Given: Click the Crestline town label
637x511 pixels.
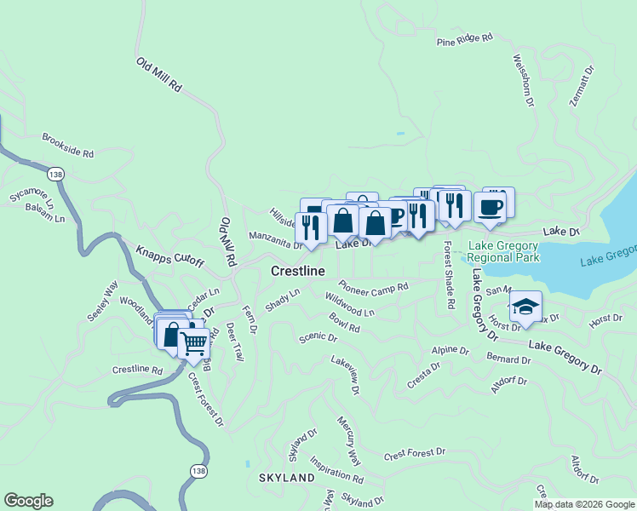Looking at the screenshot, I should [298, 271].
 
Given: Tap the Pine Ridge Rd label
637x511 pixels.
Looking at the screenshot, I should [464, 39].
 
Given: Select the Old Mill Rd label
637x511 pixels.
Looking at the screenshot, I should [159, 75].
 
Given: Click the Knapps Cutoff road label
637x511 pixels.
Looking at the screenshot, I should [169, 255].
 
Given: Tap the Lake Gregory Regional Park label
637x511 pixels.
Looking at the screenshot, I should [503, 251].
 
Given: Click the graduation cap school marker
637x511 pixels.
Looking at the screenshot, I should [525, 306].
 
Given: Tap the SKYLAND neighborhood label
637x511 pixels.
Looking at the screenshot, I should [287, 479].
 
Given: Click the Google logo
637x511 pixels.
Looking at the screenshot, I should [28, 501].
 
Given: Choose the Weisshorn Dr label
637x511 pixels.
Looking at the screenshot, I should [523, 81].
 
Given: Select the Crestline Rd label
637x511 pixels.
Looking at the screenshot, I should [137, 370].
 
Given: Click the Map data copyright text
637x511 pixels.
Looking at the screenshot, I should [583, 504].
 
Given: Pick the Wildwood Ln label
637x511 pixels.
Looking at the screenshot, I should [349, 305].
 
